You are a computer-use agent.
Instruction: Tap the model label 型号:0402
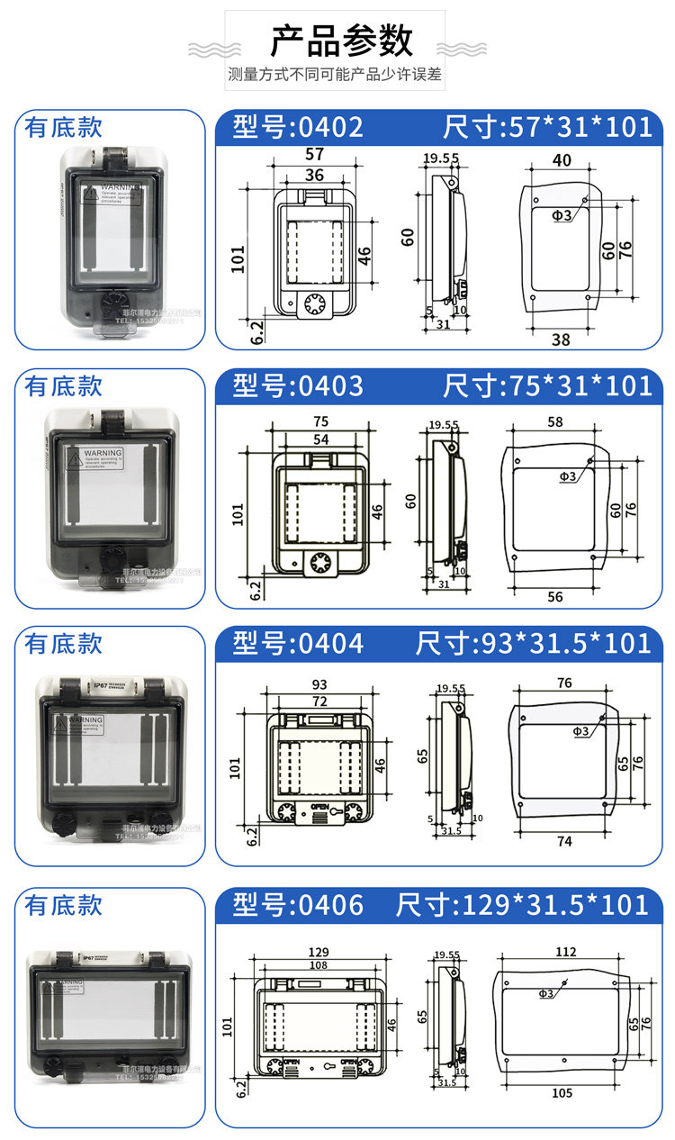298,127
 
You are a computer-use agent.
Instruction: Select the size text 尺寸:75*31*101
547,385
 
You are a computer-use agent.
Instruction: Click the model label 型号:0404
298,643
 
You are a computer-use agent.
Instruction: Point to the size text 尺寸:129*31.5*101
522,904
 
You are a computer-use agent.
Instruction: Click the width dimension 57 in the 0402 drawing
314,155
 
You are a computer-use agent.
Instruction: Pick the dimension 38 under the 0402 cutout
561,339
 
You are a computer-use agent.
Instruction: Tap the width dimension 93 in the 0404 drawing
318,683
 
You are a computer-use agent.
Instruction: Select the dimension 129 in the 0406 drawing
319,951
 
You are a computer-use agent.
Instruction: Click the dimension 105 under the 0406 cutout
562,1092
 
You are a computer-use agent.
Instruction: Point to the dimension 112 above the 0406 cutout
565,952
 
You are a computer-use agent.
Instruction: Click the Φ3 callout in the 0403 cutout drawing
567,476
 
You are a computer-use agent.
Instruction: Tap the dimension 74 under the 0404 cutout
564,841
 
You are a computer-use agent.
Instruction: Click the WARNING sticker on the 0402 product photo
112,193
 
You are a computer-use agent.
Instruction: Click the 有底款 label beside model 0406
64,905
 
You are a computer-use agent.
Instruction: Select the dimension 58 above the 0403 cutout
555,421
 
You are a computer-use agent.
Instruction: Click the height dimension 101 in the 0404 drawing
236,767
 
